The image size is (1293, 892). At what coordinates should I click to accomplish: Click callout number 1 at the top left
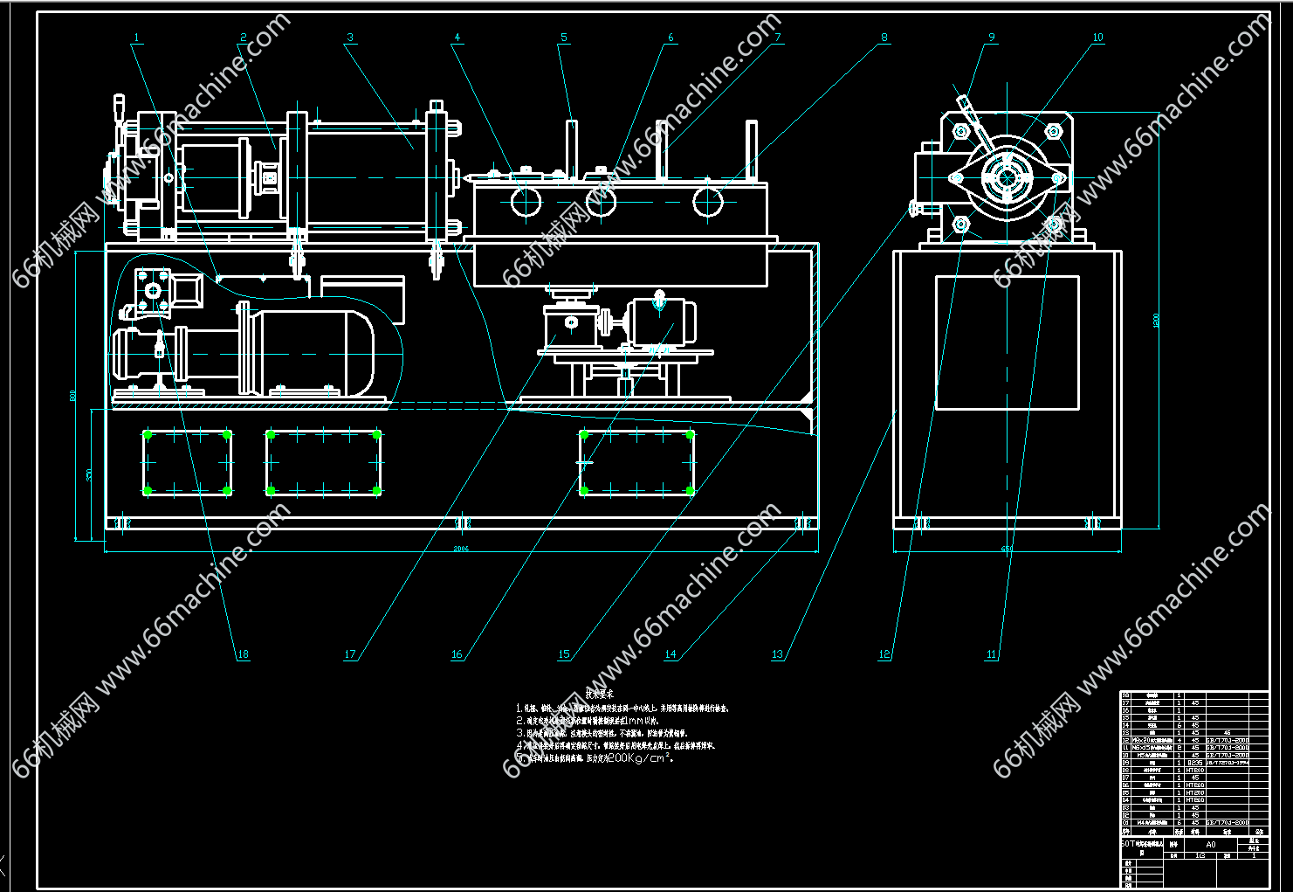(137, 38)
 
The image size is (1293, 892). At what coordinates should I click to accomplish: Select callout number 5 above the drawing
(564, 38)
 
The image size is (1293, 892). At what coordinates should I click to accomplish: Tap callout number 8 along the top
(884, 38)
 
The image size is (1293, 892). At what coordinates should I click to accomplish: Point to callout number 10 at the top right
(1097, 38)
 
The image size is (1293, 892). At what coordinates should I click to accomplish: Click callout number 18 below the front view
(243, 654)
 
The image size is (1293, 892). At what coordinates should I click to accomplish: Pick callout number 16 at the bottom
(457, 654)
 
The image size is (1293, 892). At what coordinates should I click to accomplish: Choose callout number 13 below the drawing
(777, 654)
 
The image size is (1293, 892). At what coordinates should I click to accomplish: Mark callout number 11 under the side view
(991, 654)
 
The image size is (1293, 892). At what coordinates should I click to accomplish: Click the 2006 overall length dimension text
(461, 549)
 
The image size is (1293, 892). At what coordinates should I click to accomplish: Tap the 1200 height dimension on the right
(1157, 320)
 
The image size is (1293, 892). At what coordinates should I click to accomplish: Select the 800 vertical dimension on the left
(73, 396)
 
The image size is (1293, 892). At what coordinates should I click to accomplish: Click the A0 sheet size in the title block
(1210, 845)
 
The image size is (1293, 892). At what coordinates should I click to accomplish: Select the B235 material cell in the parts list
(1194, 763)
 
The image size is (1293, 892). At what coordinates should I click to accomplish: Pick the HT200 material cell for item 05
(1194, 792)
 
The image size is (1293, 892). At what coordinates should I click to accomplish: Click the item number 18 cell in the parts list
(1126, 695)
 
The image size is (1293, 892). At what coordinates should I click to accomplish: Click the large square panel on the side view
(1007, 342)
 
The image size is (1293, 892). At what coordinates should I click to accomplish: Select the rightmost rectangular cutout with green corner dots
(636, 462)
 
